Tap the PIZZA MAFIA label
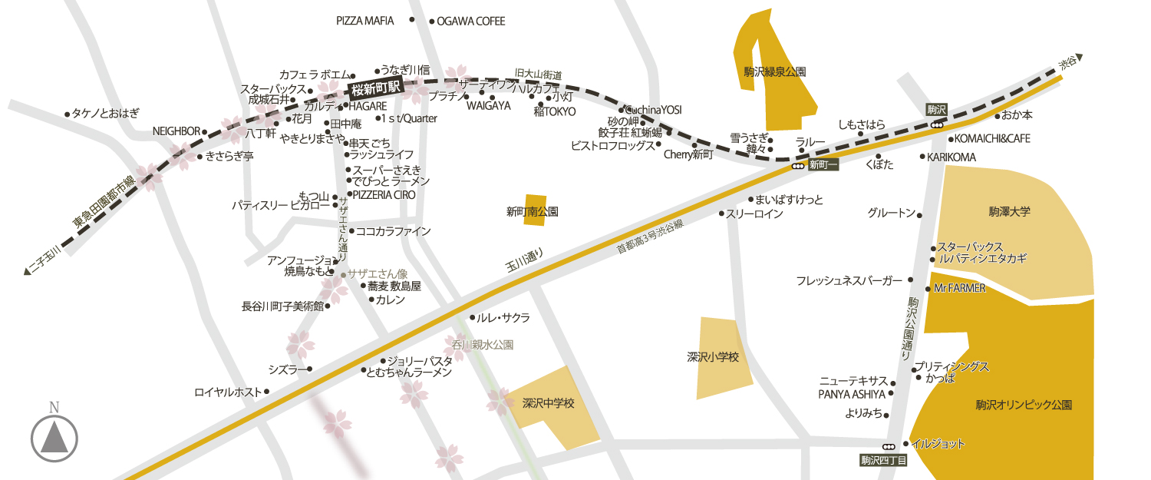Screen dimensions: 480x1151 (365, 21)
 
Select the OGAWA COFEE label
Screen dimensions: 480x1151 (471, 22)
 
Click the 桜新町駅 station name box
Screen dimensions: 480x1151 (375, 88)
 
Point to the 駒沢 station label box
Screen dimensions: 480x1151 (936, 109)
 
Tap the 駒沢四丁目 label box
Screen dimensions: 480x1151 (883, 461)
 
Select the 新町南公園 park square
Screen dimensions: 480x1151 (536, 209)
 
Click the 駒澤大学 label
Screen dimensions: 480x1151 (1009, 210)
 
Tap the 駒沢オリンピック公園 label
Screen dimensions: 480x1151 (1023, 405)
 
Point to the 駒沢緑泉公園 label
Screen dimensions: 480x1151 (774, 71)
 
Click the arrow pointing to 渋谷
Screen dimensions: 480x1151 (1078, 57)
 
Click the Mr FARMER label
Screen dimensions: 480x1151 (959, 289)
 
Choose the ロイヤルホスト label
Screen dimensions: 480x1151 (228, 392)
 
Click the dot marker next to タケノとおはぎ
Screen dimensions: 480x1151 (68, 114)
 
